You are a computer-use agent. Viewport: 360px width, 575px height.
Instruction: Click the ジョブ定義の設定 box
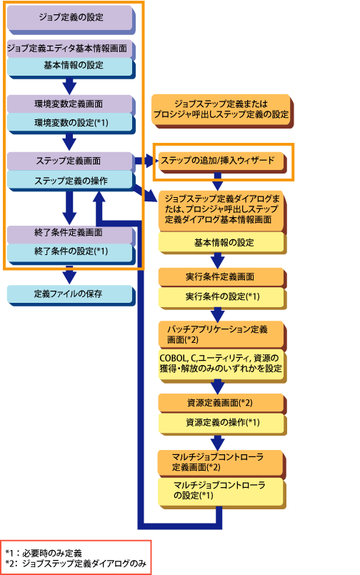tap(70, 18)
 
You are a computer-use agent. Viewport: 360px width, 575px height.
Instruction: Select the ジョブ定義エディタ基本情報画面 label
tap(67, 49)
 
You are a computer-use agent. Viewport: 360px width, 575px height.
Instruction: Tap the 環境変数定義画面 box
tap(70, 104)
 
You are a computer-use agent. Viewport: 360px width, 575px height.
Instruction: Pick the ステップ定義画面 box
tap(70, 161)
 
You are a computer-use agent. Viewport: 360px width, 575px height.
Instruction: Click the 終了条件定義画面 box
tap(70, 233)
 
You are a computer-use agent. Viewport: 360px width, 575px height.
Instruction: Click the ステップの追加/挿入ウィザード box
tap(221, 161)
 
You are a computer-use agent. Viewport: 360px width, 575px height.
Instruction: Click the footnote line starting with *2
tap(76, 564)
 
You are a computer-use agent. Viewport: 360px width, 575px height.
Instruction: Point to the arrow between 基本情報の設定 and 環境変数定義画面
tap(69, 86)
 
